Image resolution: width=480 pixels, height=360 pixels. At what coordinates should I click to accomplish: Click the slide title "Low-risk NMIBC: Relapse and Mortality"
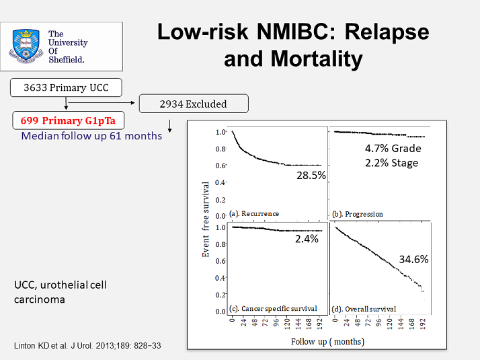pyautogui.click(x=292, y=45)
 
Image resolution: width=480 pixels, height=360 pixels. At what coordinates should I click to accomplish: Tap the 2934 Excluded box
pyautogui.click(x=193, y=104)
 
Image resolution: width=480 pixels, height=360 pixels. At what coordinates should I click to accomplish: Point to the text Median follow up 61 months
pyautogui.click(x=91, y=136)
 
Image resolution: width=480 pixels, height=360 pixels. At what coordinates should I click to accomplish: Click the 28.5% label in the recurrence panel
pyautogui.click(x=311, y=175)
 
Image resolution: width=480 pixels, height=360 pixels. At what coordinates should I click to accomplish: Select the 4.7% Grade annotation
pyautogui.click(x=392, y=149)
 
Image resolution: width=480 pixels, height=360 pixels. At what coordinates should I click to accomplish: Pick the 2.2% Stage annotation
pyautogui.click(x=391, y=163)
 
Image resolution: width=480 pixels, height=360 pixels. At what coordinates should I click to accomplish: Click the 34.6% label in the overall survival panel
pyautogui.click(x=414, y=258)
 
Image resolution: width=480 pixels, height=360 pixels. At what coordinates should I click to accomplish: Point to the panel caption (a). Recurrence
pyautogui.click(x=254, y=214)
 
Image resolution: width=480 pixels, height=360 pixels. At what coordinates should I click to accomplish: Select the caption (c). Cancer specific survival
pyautogui.click(x=273, y=309)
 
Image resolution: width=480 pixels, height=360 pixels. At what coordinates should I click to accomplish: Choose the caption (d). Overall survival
pyautogui.click(x=364, y=309)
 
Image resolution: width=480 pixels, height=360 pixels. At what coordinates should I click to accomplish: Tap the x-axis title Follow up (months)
pyautogui.click(x=327, y=341)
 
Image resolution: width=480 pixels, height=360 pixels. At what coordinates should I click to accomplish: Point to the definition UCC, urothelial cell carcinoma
pyautogui.click(x=61, y=292)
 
